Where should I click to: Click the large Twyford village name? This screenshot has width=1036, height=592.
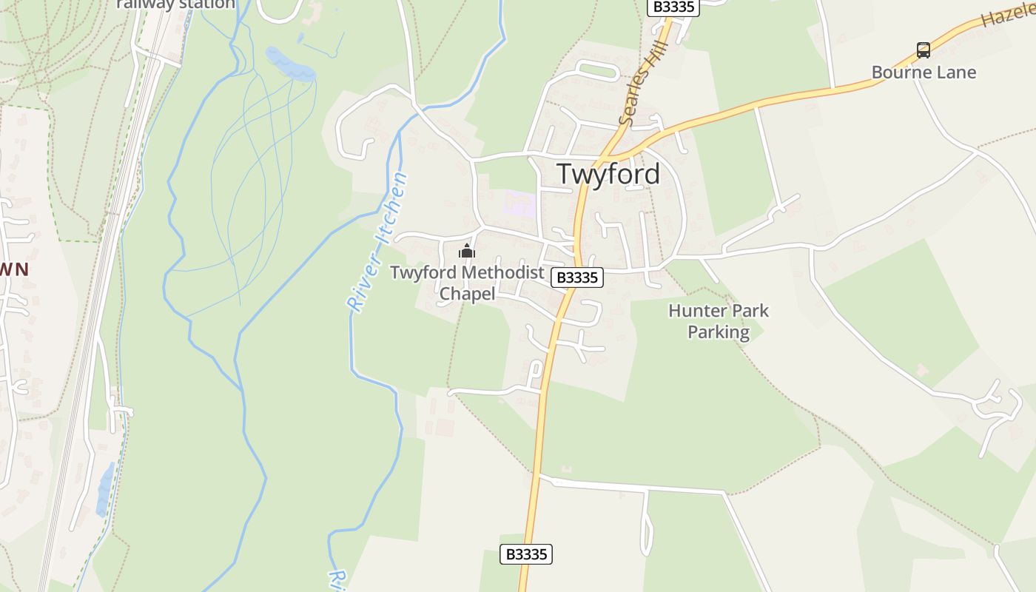tap(608, 174)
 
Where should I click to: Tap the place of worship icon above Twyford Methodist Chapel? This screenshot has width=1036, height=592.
tap(466, 252)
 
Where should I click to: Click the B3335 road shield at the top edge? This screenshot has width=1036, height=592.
tap(673, 7)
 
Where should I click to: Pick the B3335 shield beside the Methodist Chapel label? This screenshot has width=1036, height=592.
tap(576, 277)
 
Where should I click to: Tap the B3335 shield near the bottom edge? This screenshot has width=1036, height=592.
tap(526, 554)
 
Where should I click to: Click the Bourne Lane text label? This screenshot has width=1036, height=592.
tap(924, 73)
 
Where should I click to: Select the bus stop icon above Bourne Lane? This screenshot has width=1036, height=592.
tap(923, 50)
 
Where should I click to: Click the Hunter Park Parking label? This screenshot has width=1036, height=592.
tap(719, 321)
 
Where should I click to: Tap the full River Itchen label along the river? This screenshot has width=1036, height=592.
tap(378, 242)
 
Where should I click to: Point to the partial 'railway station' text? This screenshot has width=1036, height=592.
tap(176, 4)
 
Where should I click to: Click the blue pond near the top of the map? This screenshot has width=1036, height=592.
tap(290, 64)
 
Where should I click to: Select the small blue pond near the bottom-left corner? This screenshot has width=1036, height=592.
tap(104, 488)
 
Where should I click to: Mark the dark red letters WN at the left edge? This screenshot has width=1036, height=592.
tap(14, 269)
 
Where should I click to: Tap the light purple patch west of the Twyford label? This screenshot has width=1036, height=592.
tap(521, 203)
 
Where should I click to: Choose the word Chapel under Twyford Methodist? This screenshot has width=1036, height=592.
tap(467, 294)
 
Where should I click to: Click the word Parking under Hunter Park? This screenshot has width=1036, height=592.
tap(719, 332)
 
